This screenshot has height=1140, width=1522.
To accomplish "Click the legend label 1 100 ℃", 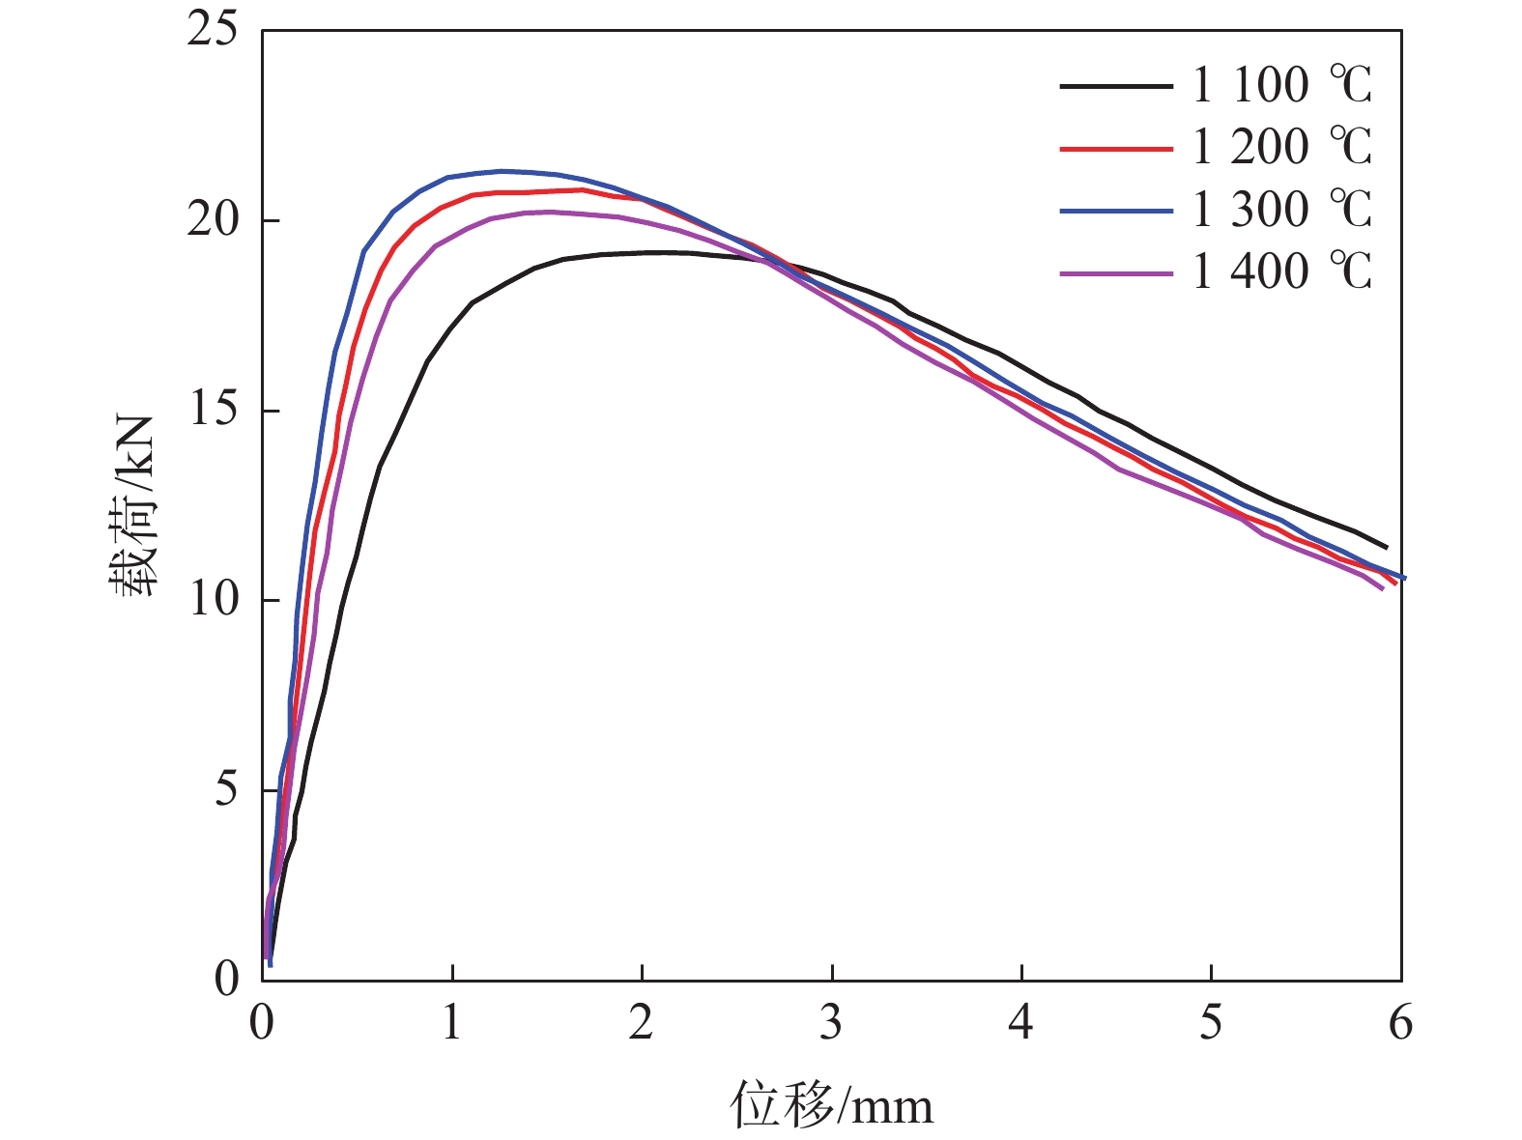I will pos(1281,85).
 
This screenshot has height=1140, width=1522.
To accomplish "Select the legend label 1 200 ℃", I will pos(1281,147).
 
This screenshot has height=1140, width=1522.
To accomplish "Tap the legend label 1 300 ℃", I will pos(1281,210).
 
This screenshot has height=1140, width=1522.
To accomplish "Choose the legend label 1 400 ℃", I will pos(1281,271).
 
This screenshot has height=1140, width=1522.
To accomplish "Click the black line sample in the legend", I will pos(1116,86).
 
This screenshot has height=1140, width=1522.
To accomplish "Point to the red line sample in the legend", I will pos(1116,149).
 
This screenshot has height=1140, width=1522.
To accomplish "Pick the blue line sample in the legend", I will pos(1116,211).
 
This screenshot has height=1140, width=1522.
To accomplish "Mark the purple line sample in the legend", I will pos(1116,273).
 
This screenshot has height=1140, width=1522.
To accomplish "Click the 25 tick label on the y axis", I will pos(213,30).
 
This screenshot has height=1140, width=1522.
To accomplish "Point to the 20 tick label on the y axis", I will pos(213,220).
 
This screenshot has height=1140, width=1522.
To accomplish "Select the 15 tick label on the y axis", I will pos(213,411).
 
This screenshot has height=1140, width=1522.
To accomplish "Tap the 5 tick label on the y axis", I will pos(225,790).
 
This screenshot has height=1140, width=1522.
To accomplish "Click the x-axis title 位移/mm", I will pos(831,1104).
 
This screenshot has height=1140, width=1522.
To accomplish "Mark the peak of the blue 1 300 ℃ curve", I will pos(502,171).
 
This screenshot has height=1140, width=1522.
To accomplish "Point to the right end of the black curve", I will pos(1387,547).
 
